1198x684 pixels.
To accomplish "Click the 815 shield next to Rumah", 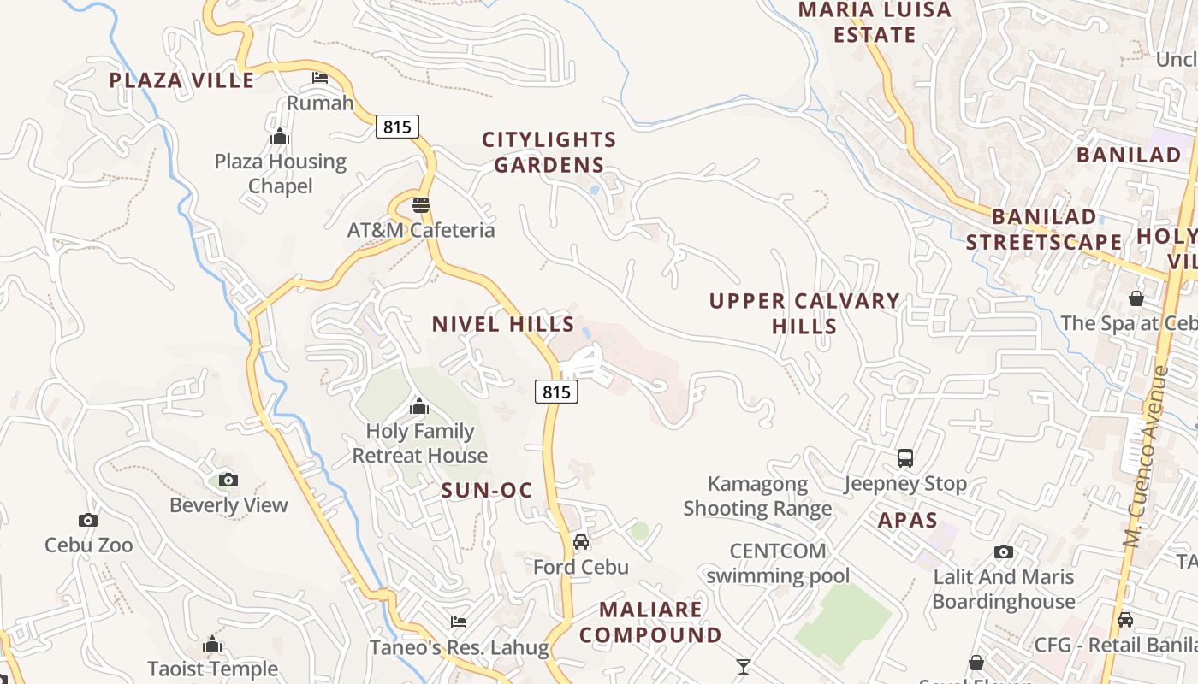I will (397, 127).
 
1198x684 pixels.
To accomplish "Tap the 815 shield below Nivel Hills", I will (556, 392).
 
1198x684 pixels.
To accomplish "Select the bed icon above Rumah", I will (320, 78).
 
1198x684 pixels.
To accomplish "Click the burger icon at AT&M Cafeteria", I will (420, 205).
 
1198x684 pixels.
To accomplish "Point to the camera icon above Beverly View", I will (228, 480).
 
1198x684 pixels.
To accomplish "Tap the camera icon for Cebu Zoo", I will (87, 520).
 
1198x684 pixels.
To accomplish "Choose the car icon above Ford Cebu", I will (581, 542).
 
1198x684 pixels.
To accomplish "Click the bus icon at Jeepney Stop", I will (905, 458).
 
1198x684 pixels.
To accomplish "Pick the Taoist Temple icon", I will (212, 644).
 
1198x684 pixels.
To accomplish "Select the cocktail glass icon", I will (744, 666).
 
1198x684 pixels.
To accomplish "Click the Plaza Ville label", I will (182, 81).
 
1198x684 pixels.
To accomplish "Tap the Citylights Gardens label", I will (549, 152).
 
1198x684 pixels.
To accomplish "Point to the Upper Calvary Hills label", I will (804, 314).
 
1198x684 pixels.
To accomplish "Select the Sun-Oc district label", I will (487, 491).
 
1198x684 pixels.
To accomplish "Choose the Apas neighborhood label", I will (908, 520).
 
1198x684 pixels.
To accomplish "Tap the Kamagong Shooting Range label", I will (757, 497).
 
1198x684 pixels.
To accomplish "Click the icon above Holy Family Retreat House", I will (419, 406).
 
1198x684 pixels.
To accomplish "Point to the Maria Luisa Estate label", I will (875, 22).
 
